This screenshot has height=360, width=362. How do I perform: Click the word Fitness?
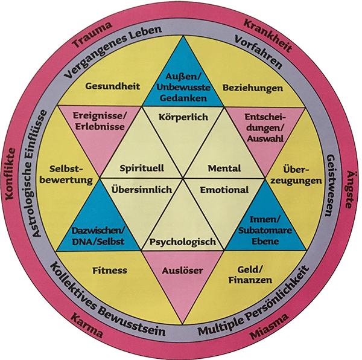coord(110,270)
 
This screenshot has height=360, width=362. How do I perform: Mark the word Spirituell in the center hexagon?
coord(142,167)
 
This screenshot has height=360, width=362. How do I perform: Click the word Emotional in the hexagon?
coord(224,190)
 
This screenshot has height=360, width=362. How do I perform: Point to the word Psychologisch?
coord(182,242)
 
